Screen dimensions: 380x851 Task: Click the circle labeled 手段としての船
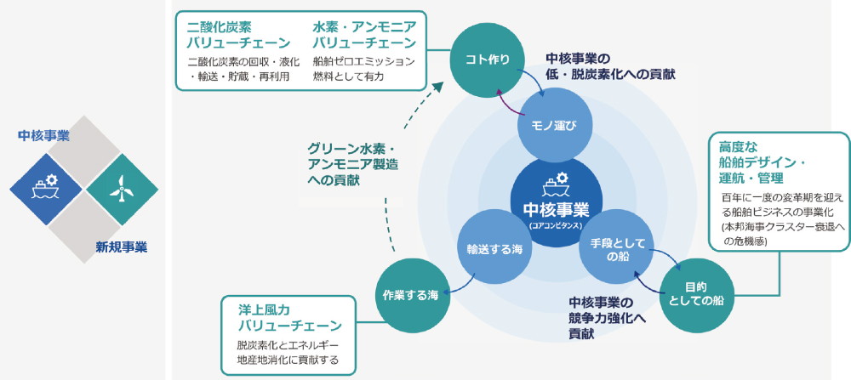pyautogui.click(x=613, y=249)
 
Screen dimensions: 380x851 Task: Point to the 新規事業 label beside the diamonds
pyautogui.click(x=121, y=247)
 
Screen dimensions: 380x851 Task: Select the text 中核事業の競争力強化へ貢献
pyautogui.click(x=606, y=318)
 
